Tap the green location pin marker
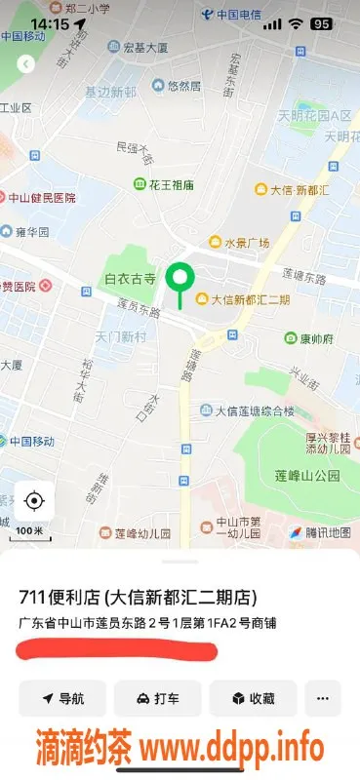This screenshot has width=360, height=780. [179, 280]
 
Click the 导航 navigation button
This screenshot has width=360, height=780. [61, 698]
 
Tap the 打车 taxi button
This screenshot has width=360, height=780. [157, 698]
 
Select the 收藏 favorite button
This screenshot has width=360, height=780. [252, 698]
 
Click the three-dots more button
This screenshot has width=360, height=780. [322, 698]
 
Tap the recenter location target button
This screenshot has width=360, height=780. [34, 501]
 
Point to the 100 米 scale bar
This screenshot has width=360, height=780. [30, 532]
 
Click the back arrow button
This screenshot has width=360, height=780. [26, 64]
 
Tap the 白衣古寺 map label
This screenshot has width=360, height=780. [130, 279]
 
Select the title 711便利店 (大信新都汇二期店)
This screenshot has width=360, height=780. [144, 597]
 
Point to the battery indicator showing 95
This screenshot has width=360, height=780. [319, 22]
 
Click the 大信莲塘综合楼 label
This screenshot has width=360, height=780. [247, 410]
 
